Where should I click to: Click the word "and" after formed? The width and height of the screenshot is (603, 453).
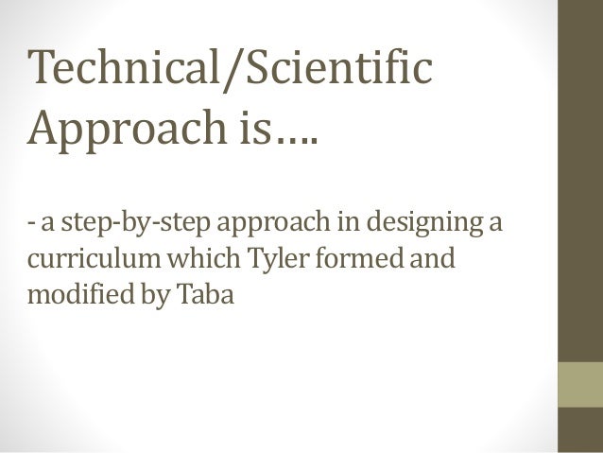pos(429,259)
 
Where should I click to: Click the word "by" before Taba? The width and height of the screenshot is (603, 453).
pos(149,290)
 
